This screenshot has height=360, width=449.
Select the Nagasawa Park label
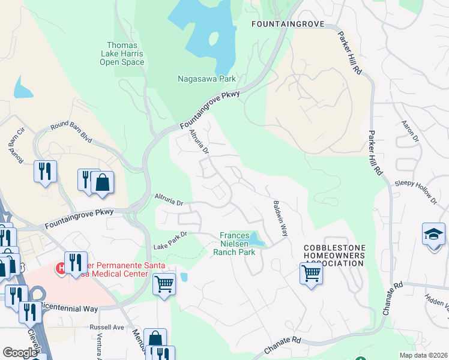click(206, 79)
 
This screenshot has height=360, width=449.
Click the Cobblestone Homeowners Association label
click(334, 255)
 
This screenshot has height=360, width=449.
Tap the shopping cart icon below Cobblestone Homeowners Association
click(311, 274)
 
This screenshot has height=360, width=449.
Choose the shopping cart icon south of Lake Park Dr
click(164, 284)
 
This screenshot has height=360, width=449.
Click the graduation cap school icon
click(433, 234)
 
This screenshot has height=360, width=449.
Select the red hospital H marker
click(61, 268)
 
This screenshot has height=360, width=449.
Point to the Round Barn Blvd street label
click(71, 131)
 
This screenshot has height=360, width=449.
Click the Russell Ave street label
click(106, 328)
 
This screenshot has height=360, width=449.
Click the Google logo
click(20, 352)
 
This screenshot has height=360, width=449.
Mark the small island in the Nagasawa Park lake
click(213, 38)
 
